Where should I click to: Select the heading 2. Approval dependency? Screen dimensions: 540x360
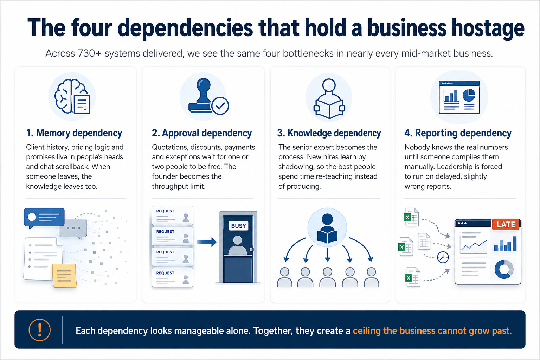point(202,133)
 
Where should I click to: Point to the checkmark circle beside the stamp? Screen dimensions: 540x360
point(220,105)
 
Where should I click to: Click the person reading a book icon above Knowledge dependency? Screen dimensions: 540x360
point(329,98)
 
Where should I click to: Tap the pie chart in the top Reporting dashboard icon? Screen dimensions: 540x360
point(469,95)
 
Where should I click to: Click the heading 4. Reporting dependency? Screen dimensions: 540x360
point(458,133)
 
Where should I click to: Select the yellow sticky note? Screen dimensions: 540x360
point(64,275)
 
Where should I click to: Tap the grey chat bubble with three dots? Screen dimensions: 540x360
point(73,229)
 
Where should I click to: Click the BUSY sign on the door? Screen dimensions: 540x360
point(238,226)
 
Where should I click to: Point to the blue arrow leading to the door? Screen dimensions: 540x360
point(207,242)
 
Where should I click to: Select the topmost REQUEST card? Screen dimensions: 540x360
point(172,216)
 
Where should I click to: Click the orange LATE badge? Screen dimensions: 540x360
point(506,225)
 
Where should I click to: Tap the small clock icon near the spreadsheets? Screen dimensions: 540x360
point(443,257)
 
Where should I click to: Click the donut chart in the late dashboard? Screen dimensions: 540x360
point(504,269)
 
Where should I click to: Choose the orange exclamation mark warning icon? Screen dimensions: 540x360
point(39,330)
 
